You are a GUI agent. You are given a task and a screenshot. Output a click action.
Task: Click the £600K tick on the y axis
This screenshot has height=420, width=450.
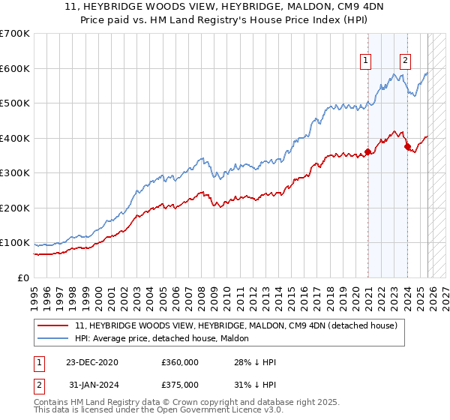(x=15, y=68)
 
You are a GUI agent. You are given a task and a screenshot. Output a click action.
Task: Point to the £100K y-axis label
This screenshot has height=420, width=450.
(x=15, y=243)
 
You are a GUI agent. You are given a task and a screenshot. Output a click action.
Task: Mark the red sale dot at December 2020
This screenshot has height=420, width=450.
(x=368, y=151)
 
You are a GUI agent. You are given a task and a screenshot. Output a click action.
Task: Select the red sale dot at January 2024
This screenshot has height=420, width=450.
(x=407, y=147)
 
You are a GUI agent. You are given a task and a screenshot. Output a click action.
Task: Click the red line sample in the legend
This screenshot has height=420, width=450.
(x=54, y=325)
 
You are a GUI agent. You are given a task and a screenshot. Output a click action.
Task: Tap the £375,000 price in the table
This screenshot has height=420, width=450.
(x=180, y=384)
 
